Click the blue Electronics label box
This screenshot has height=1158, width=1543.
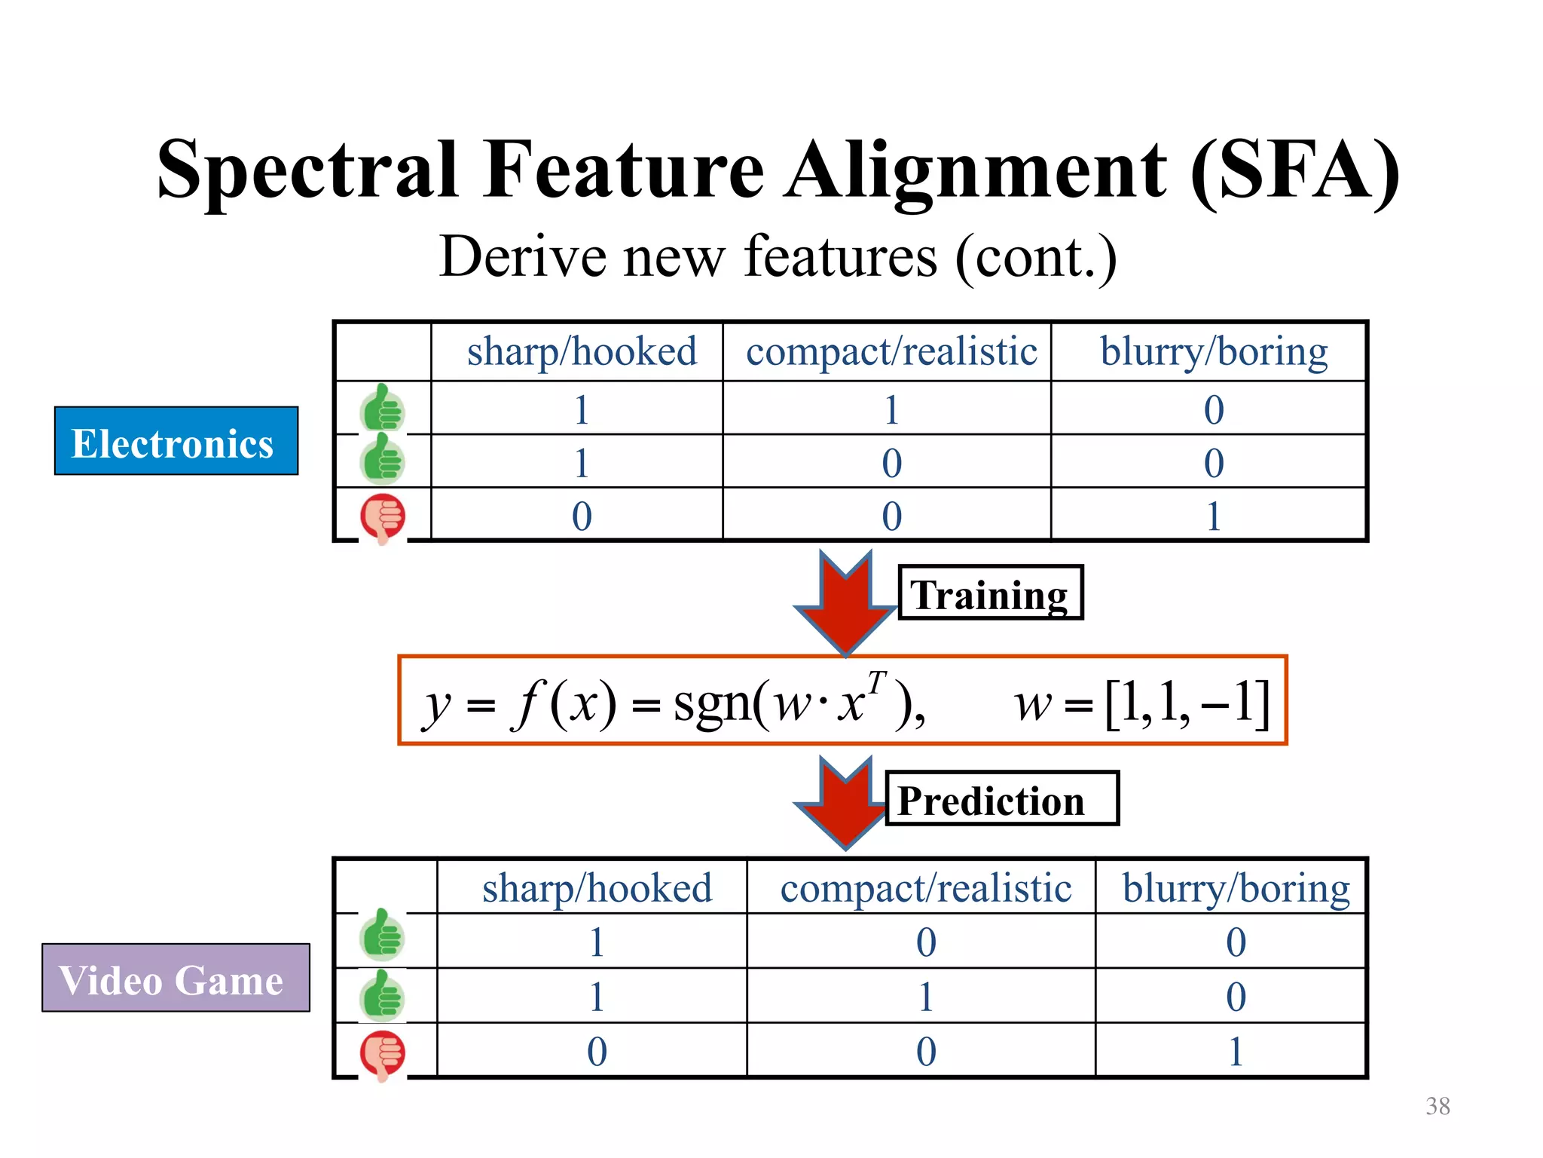176,441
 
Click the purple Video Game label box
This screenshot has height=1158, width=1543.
176,978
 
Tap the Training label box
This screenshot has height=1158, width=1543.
990,593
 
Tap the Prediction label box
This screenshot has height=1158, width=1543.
1001,799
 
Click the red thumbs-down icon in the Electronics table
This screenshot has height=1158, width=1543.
383,517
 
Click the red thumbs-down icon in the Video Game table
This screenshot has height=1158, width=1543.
383,1054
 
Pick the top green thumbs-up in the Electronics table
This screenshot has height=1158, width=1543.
383,409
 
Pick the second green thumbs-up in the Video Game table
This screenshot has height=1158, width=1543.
383,996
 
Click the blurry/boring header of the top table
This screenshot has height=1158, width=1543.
1213,351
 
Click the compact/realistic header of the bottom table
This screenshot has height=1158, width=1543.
925,888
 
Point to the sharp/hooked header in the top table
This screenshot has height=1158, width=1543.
582,351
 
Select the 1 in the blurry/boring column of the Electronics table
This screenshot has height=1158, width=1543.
1213,516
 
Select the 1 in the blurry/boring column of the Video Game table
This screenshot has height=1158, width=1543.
1235,1052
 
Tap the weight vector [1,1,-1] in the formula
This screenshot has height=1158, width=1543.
1187,703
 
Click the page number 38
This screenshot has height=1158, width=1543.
1438,1106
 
